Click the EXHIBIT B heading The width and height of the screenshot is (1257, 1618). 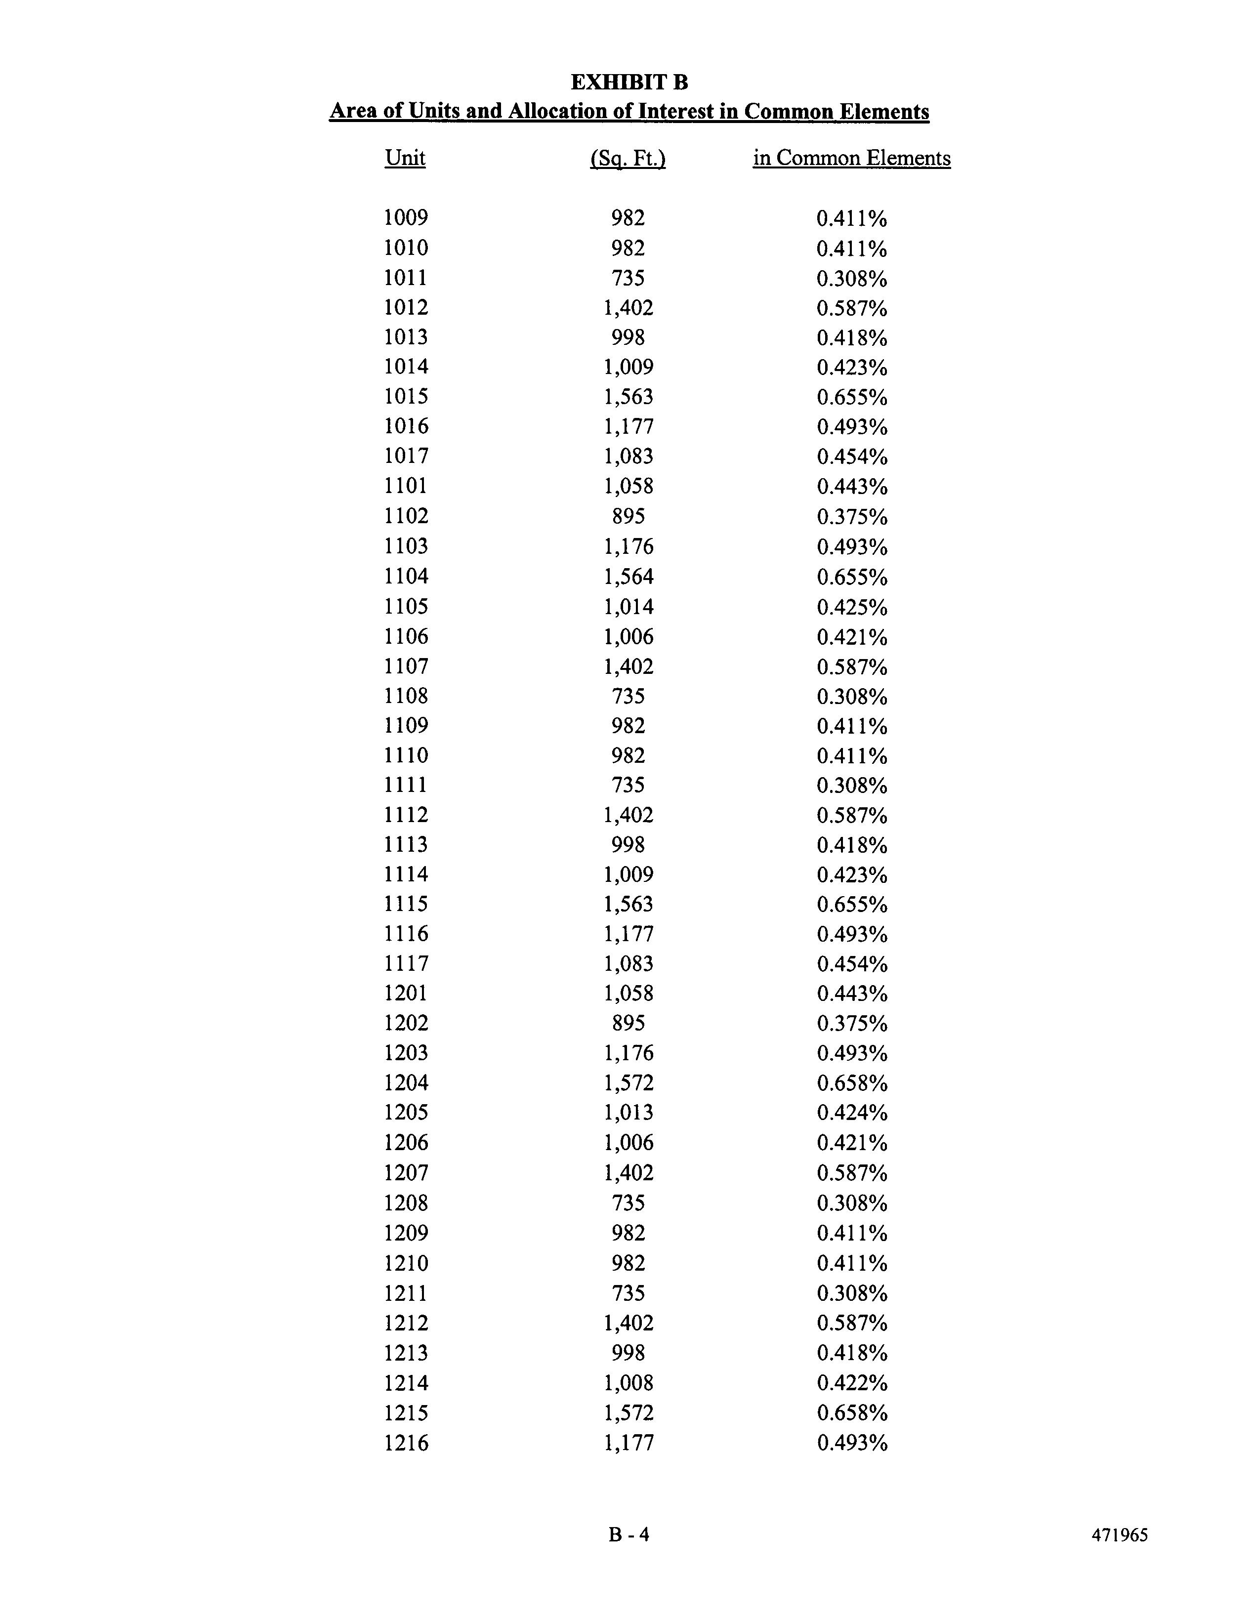coord(629,82)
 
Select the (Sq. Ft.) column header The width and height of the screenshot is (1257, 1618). coord(628,159)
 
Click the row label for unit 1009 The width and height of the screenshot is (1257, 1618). coord(406,218)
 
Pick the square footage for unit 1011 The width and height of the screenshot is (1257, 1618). coord(628,278)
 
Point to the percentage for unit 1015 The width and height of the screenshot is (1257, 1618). coord(852,397)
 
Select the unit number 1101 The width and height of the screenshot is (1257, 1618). coord(406,486)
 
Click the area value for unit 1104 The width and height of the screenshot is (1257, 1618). coord(628,577)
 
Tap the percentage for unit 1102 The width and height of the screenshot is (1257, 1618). coord(852,516)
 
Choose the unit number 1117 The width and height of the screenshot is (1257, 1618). coord(406,963)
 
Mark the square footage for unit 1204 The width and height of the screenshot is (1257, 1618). coord(628,1083)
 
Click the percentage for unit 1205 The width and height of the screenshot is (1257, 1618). coord(852,1113)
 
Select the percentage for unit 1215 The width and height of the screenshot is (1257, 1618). coord(852,1413)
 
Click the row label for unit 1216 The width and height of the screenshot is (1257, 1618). coord(406,1443)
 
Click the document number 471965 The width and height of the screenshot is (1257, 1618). coord(1119,1535)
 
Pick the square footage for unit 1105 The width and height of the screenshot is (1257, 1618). coord(628,607)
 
